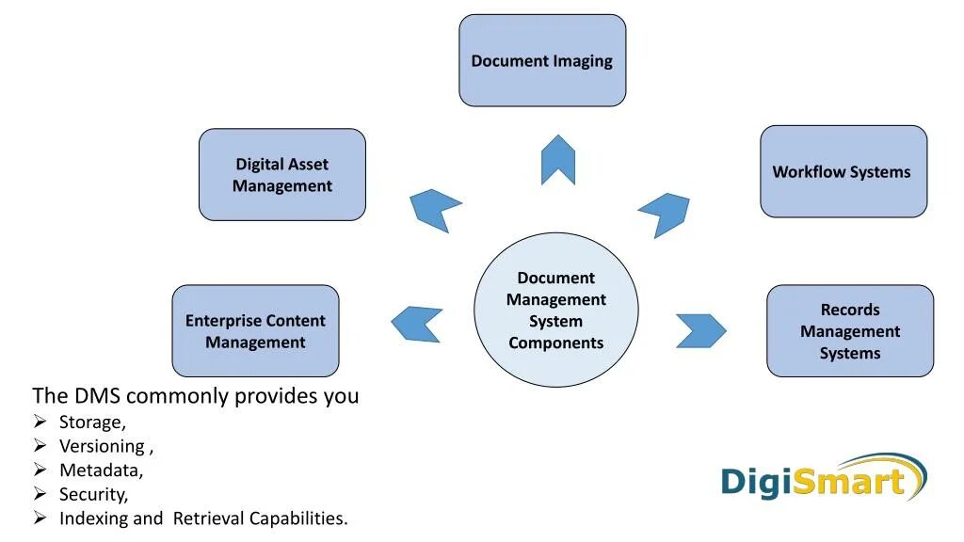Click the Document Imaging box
click(542, 60)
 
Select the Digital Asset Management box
click(282, 175)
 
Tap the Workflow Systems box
click(843, 171)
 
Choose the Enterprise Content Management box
click(255, 331)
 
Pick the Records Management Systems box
click(850, 331)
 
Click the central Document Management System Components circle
click(555, 310)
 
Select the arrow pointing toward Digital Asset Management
click(435, 208)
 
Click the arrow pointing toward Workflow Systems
click(666, 214)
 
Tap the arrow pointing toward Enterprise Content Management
click(416, 324)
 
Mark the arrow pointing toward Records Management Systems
click(701, 330)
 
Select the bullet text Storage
click(92, 422)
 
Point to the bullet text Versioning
click(103, 446)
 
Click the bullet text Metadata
click(101, 470)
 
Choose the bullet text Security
click(93, 494)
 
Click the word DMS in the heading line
click(98, 396)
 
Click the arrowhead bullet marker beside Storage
click(40, 421)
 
